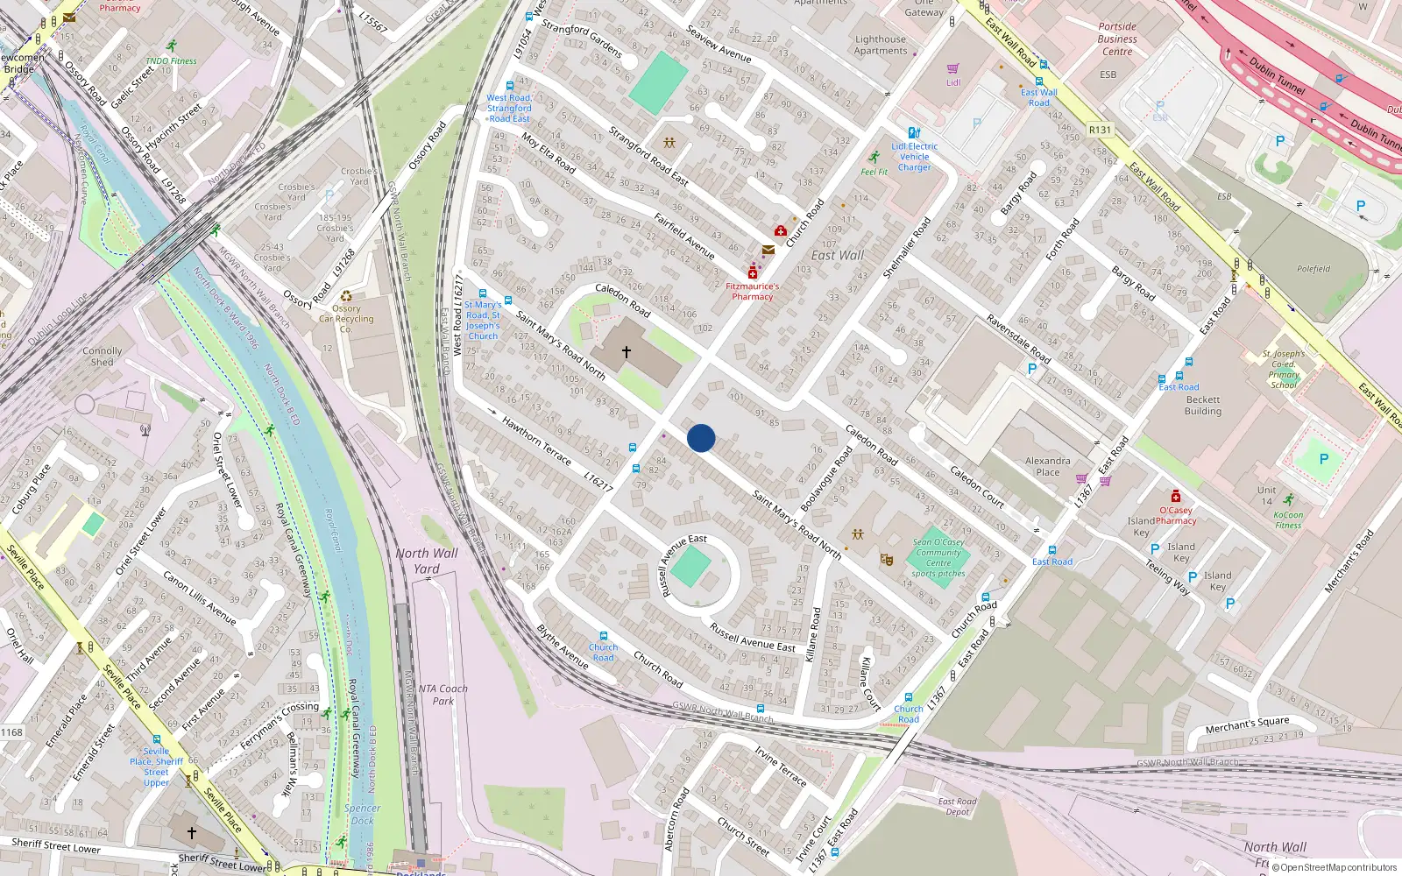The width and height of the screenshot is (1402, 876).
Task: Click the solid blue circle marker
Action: click(x=701, y=438)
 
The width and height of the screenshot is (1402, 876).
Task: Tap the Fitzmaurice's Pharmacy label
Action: click(x=752, y=292)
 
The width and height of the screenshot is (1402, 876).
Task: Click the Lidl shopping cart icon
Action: click(x=953, y=68)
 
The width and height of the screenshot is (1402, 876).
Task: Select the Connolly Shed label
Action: click(x=103, y=356)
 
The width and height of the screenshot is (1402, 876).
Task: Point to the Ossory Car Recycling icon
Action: click(x=346, y=296)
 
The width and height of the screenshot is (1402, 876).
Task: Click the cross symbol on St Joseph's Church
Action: click(x=627, y=352)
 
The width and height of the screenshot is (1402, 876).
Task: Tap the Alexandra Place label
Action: click(x=1048, y=466)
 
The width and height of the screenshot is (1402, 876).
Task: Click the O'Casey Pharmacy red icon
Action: click(x=1176, y=496)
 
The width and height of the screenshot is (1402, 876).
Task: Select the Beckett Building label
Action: click(x=1202, y=405)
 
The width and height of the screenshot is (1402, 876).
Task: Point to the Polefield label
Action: click(x=1313, y=269)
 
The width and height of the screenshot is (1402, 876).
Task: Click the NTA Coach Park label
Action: click(x=443, y=695)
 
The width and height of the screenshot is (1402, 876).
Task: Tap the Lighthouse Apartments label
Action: click(x=881, y=45)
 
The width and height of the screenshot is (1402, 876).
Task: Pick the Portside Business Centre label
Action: click(x=1117, y=39)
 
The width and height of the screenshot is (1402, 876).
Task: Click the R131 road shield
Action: click(x=1100, y=130)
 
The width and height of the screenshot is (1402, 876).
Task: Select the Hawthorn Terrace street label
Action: click(x=536, y=441)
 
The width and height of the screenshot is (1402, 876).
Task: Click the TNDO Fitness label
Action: click(x=171, y=61)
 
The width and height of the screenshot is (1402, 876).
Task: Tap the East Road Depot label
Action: click(x=957, y=806)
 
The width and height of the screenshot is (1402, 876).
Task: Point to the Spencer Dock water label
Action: click(x=362, y=815)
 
